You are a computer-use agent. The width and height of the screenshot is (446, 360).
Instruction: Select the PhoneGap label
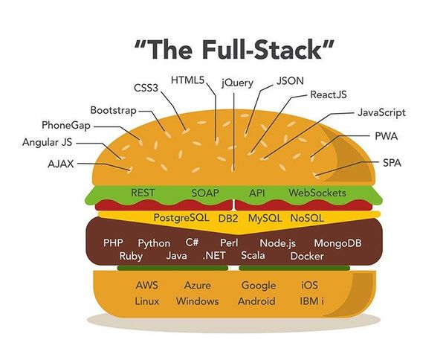[66, 125]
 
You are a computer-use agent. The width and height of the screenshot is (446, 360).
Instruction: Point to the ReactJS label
[329, 95]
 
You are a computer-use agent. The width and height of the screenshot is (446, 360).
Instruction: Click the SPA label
[391, 162]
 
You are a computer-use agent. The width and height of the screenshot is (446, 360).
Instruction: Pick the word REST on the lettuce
[143, 193]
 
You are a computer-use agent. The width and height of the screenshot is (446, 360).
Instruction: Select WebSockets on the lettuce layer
[317, 193]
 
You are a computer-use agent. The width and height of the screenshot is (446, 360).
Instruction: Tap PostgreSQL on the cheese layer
[182, 218]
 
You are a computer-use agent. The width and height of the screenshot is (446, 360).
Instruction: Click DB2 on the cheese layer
[228, 219]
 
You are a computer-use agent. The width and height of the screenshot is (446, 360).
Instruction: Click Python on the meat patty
[154, 243]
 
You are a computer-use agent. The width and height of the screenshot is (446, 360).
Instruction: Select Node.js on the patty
[278, 243]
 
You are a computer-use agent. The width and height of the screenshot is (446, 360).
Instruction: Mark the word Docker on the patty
[307, 256]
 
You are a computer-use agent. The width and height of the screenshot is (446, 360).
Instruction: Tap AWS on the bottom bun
[147, 285]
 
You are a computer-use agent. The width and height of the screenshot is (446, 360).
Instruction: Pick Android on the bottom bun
[256, 301]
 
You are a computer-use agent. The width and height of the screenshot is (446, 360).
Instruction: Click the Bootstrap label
[113, 110]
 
